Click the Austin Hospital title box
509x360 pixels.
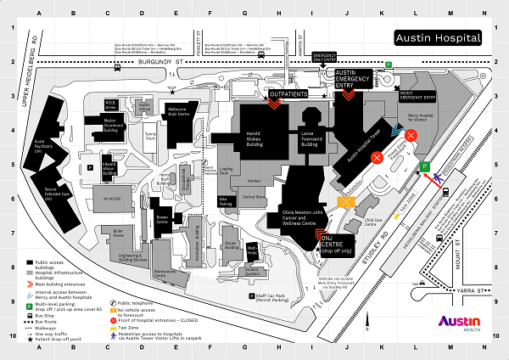coord(438,38)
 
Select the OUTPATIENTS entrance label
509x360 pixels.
coord(288,93)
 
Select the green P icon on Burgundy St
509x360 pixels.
coord(388,65)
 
